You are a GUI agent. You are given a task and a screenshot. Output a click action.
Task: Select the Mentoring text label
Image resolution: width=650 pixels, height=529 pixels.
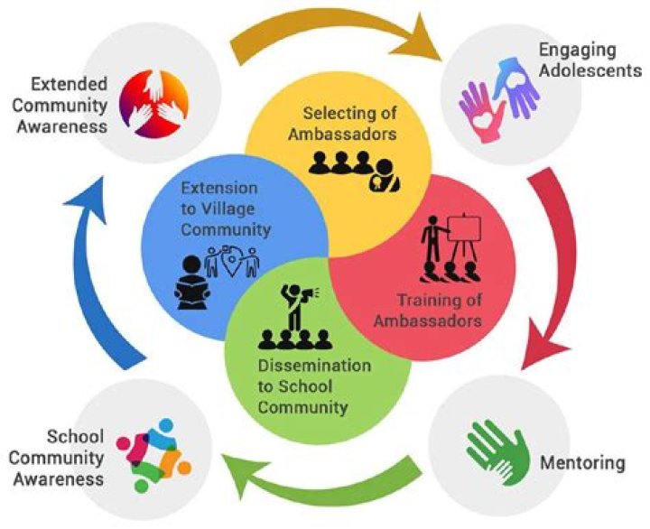pos(582,464)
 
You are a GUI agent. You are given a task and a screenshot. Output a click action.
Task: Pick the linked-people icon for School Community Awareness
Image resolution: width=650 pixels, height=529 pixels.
pos(154,453)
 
